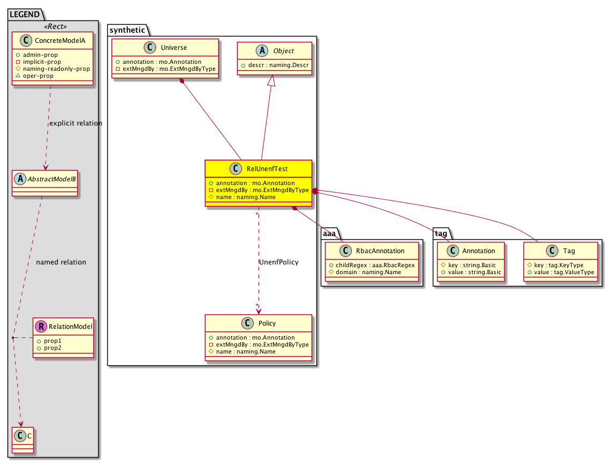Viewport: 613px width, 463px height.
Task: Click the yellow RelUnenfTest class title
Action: (x=267, y=169)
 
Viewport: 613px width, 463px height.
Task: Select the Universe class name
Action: (x=174, y=48)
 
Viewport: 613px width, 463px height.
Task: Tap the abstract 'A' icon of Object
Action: (x=262, y=50)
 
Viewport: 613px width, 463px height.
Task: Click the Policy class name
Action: (x=267, y=324)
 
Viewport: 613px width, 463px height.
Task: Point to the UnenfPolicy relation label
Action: (x=279, y=262)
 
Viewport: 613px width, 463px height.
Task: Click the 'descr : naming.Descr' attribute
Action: (x=278, y=65)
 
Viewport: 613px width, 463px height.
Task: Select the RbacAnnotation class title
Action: (x=380, y=251)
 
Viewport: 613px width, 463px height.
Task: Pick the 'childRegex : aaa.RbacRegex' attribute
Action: (x=375, y=265)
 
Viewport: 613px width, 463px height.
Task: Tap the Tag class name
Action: (x=569, y=251)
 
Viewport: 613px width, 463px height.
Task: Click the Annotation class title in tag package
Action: (x=478, y=251)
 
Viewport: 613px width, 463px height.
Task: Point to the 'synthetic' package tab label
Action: (x=127, y=30)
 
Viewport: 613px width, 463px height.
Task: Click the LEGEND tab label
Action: (x=25, y=14)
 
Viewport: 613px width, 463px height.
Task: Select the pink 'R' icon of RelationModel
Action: (x=41, y=327)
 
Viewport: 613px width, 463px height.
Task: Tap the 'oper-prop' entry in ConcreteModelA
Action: (x=38, y=76)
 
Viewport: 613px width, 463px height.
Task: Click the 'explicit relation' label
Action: (x=76, y=123)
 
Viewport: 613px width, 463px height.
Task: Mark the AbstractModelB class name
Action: (x=51, y=179)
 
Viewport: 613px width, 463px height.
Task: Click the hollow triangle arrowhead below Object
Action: (x=271, y=80)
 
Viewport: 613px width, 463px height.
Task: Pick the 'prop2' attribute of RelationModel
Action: (x=53, y=348)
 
